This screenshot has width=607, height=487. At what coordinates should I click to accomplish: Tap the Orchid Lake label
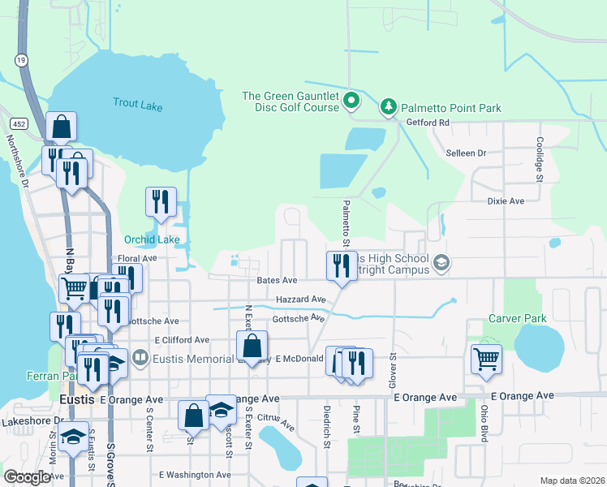[x=152, y=239]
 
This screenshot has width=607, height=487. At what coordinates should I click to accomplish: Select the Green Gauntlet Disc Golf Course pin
[x=351, y=101]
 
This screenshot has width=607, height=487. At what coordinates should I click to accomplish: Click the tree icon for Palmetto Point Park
[x=389, y=107]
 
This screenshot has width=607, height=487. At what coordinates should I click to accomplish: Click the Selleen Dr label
[x=466, y=153]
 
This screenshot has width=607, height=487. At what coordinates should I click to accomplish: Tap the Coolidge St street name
[x=540, y=153]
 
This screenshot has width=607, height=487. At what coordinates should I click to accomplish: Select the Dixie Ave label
[x=506, y=200]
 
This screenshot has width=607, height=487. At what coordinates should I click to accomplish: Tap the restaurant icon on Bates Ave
[x=342, y=265]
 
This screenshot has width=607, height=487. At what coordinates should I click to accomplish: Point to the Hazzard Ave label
[x=301, y=300]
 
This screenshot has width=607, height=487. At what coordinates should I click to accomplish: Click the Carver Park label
[x=517, y=319]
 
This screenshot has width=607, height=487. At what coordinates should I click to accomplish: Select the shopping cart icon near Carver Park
[x=486, y=358]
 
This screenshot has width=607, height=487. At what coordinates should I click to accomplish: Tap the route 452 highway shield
[x=18, y=122]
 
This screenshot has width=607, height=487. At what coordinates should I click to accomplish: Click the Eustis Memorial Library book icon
[x=140, y=357]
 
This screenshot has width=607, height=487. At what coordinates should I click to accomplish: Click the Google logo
[x=27, y=477]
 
